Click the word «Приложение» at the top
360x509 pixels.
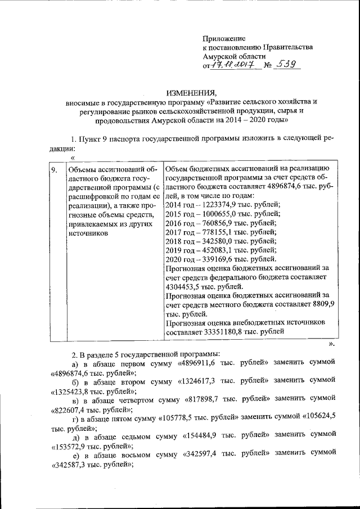pyautogui.click(x=224, y=38)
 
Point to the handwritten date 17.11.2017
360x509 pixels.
pyautogui.click(x=232, y=66)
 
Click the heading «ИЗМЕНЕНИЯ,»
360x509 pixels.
pyautogui.click(x=191, y=92)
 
